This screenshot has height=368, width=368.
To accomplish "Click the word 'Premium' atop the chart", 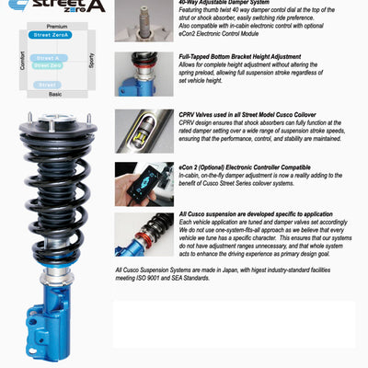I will point(57,27).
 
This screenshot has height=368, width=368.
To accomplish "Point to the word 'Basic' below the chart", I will point(55,94).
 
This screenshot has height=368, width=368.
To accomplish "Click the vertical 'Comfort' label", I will point(21,61).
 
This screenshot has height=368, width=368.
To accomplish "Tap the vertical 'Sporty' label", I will point(90,61).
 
